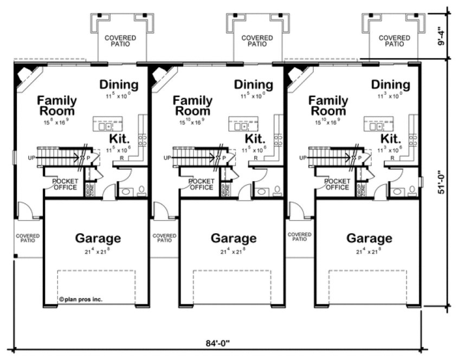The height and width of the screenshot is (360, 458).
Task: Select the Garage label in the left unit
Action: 98,238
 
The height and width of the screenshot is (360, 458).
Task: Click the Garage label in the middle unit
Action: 233,238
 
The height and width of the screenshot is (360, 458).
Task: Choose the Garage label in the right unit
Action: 369,238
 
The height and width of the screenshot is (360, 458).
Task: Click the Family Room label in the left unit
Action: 57,106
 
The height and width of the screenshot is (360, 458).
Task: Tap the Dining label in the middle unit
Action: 253,85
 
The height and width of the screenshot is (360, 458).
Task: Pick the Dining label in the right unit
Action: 390,85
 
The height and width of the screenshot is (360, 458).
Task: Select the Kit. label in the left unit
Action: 118,138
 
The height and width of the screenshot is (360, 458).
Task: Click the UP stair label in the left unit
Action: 31,158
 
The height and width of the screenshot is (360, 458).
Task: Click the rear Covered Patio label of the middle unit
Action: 256,41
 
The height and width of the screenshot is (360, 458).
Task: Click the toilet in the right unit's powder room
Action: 412,190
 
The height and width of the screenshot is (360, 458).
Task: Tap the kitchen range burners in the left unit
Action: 143,140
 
